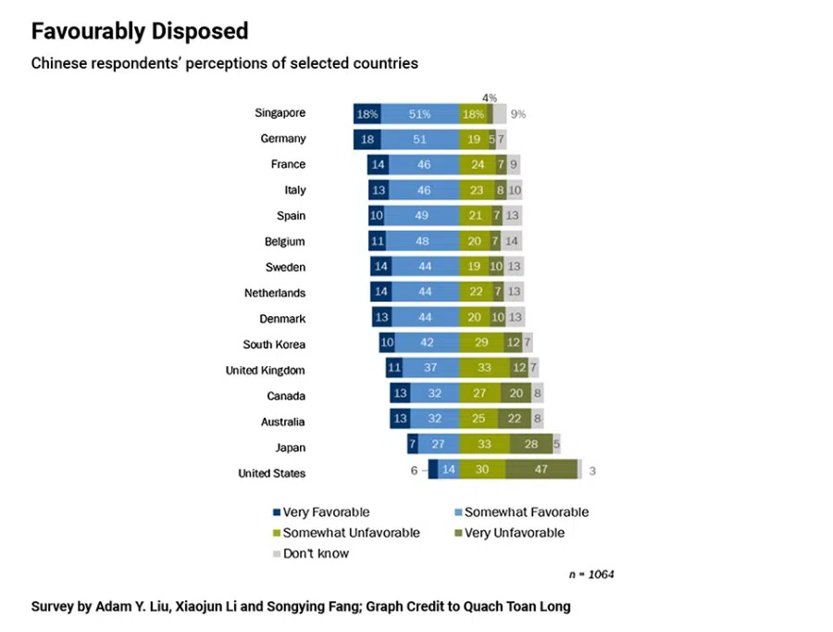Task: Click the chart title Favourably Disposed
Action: (x=140, y=32)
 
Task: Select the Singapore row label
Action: (x=280, y=113)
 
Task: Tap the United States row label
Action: (x=271, y=474)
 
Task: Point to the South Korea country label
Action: (x=274, y=345)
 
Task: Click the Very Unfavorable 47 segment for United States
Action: (x=541, y=470)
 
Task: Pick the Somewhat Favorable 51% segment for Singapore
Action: (x=419, y=114)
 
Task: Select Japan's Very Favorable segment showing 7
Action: (x=413, y=444)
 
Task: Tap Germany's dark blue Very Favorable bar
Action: (x=367, y=139)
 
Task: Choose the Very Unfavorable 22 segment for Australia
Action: (x=515, y=418)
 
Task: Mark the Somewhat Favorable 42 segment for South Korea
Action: (x=427, y=341)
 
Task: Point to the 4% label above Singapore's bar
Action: (x=490, y=97)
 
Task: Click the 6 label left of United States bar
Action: (x=415, y=470)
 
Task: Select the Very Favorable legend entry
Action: (x=320, y=512)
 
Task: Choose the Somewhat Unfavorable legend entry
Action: (x=345, y=533)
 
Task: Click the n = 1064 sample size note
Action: (x=591, y=575)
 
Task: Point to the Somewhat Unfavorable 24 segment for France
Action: (x=477, y=165)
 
